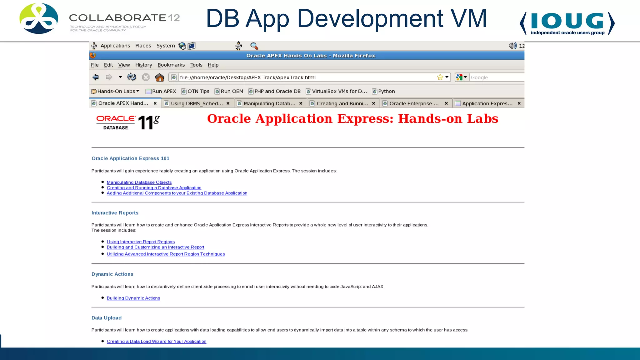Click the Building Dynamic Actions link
click(133, 298)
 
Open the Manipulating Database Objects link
click(139, 182)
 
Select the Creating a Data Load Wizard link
click(156, 342)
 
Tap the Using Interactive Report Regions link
click(141, 242)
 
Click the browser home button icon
click(159, 77)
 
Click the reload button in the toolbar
click(132, 77)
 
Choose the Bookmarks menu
click(171, 65)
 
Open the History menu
click(143, 65)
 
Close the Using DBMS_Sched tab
click(228, 103)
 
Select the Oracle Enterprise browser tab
click(413, 103)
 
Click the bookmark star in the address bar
click(440, 77)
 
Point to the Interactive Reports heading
click(115, 213)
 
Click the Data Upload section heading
click(106, 318)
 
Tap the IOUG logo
click(567, 23)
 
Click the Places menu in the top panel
click(143, 46)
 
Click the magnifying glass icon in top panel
click(254, 46)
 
